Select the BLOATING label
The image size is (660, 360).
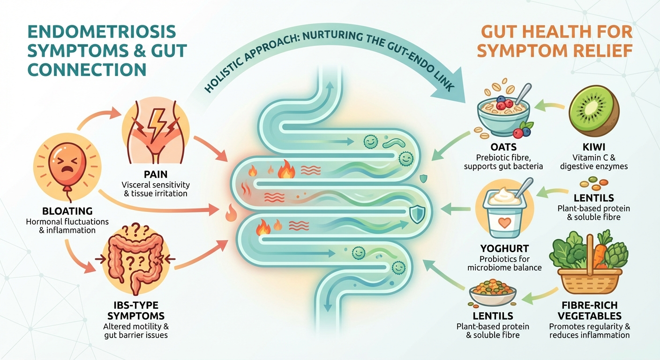pyautogui.click(x=67, y=211)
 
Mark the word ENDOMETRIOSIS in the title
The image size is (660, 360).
pyautogui.click(x=102, y=32)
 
